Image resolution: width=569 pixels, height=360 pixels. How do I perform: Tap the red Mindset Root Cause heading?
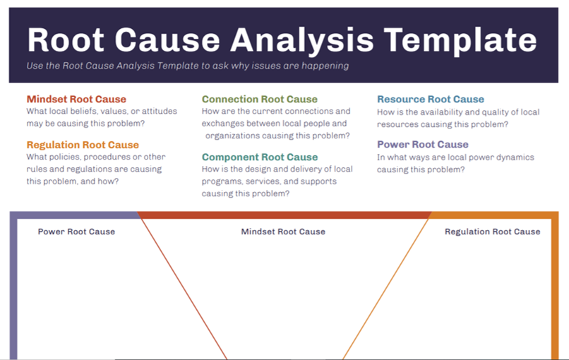tap(76, 100)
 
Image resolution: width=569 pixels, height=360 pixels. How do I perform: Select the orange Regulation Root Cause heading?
tap(83, 145)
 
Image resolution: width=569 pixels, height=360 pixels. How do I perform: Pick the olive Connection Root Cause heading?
tap(260, 100)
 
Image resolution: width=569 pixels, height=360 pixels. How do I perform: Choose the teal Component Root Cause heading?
tap(260, 157)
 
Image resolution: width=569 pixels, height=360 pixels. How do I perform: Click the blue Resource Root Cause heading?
tap(431, 100)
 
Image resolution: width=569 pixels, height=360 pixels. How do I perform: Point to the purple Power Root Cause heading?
tap(422, 145)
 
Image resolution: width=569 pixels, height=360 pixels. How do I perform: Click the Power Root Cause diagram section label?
tap(76, 232)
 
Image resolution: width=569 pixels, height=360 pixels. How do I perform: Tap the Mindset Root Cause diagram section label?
tap(283, 232)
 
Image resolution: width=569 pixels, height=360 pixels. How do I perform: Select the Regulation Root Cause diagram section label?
tap(492, 232)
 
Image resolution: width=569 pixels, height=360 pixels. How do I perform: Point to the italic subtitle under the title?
tap(187, 66)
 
